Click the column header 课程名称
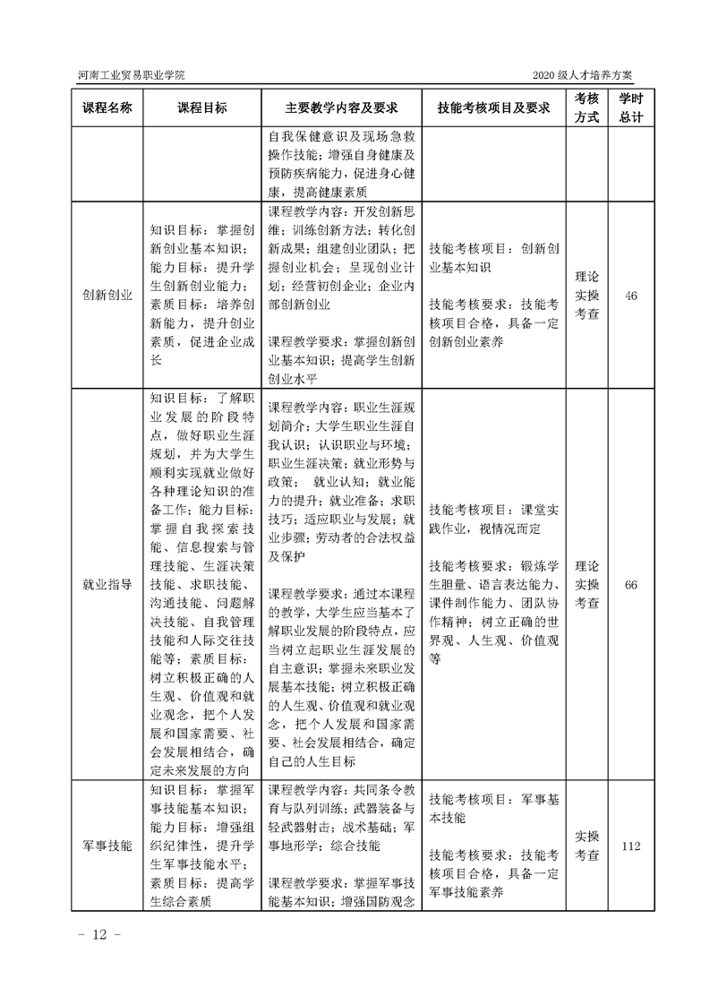tap(107, 108)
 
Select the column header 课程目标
tap(201, 108)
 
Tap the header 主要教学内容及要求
tap(340, 108)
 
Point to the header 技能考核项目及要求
tap(492, 108)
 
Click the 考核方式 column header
tap(586, 108)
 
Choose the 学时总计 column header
tap(631, 108)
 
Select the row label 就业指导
tap(107, 585)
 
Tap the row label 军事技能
tap(107, 845)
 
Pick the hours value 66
tap(631, 585)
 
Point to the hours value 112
tap(631, 845)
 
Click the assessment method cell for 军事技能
tap(586, 845)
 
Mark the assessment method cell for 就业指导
tap(586, 585)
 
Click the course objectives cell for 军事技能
tap(201, 845)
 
